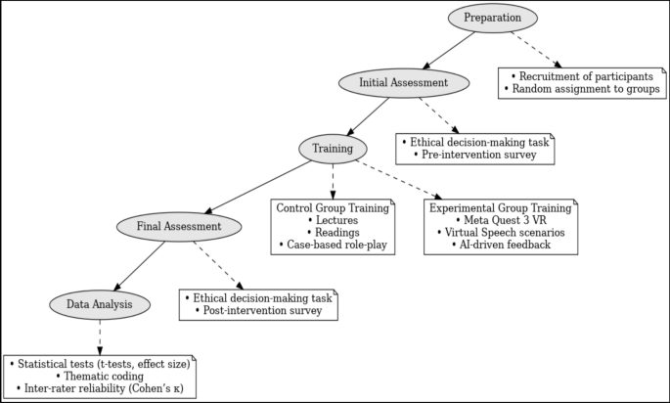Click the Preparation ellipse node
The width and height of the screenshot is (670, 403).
pos(492,18)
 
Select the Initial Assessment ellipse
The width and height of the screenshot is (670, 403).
pos(404,83)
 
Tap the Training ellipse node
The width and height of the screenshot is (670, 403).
pos(333,148)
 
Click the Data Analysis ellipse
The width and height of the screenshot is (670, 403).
pos(100,304)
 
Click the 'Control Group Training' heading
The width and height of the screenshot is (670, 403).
pos(333,207)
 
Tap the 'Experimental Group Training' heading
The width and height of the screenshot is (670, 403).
pos(500,207)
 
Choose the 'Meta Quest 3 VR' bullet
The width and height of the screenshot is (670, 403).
pos(500,220)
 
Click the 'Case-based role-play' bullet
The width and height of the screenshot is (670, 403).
pos(333,246)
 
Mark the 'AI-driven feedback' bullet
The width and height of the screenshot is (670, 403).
pos(500,246)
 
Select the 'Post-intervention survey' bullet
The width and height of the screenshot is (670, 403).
pos(258,311)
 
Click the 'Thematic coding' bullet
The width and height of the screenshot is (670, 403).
pos(100,376)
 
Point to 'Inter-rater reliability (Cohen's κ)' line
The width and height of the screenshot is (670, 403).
pos(100,389)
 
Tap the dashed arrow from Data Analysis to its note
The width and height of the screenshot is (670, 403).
pos(100,336)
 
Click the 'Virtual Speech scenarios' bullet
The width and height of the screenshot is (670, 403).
pos(500,233)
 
